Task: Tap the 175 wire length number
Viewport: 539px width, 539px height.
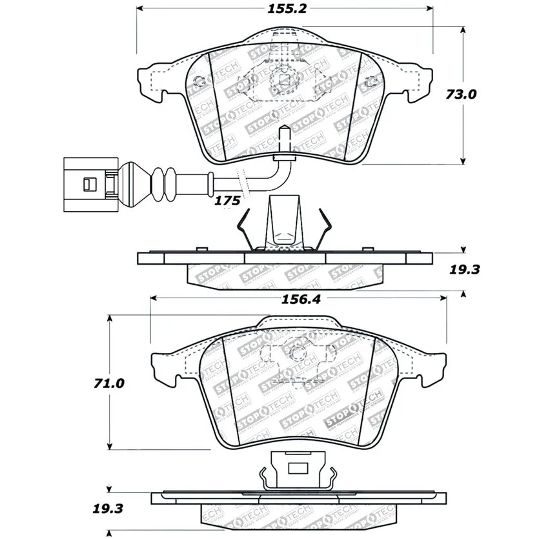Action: (227, 201)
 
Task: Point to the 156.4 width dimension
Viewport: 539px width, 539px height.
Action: (298, 298)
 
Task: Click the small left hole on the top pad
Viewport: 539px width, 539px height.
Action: (199, 81)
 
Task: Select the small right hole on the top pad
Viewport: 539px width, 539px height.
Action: (371, 81)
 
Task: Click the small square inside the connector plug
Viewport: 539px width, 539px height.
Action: (83, 185)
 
